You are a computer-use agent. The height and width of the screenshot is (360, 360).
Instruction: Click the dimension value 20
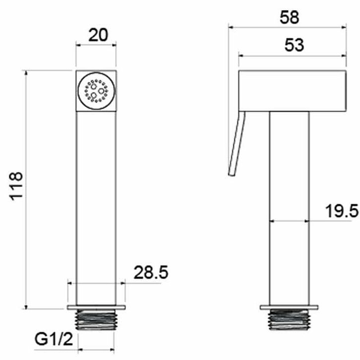[x=98, y=36]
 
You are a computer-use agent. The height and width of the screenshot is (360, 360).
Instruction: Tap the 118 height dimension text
[x=16, y=186]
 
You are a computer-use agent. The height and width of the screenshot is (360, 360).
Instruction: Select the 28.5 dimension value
[x=151, y=272]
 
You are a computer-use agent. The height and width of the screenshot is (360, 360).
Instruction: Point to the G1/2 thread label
[x=54, y=339]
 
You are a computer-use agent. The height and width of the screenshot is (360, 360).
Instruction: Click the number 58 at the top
[x=289, y=18]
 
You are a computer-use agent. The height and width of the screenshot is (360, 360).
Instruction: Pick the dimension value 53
[x=294, y=45]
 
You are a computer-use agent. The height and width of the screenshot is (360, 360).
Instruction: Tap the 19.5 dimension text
[x=342, y=211]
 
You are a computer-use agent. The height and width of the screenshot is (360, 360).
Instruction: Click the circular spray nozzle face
[x=96, y=91]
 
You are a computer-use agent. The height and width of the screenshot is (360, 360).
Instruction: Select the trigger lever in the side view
[x=237, y=144]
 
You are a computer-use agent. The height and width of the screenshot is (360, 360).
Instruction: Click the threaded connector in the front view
[x=96, y=319]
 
